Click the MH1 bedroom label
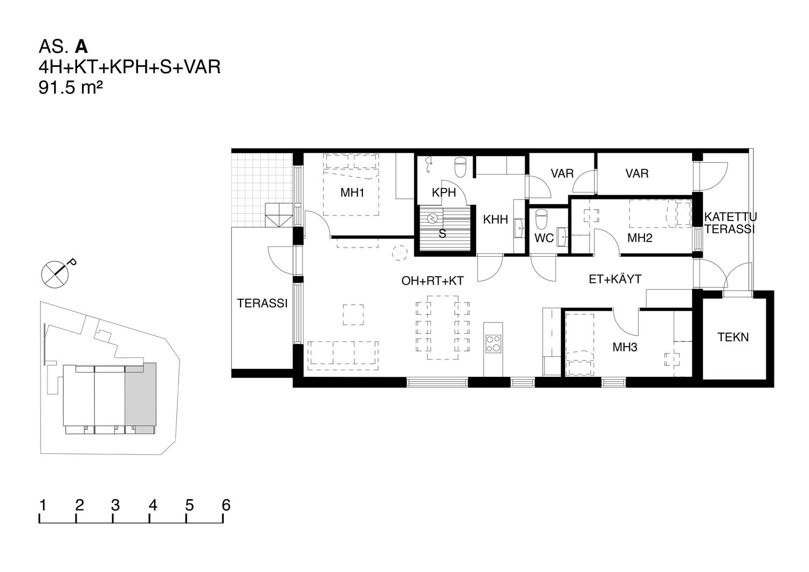tap(352, 193)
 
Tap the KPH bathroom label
tap(443, 193)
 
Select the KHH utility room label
tap(496, 219)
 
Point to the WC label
tap(544, 238)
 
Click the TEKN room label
tap(733, 337)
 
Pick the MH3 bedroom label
tap(625, 347)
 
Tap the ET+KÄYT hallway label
tap(615, 279)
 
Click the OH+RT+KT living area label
tap(433, 281)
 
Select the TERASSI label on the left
tap(262, 304)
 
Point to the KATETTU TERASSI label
tap(730, 223)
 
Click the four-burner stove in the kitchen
tap(493, 343)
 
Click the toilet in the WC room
tap(541, 219)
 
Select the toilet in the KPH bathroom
tap(460, 167)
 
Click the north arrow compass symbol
tap(55, 274)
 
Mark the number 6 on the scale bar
tap(226, 505)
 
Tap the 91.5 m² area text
tap(71, 88)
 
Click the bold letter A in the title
tap(81, 46)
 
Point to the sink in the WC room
tap(562, 237)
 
